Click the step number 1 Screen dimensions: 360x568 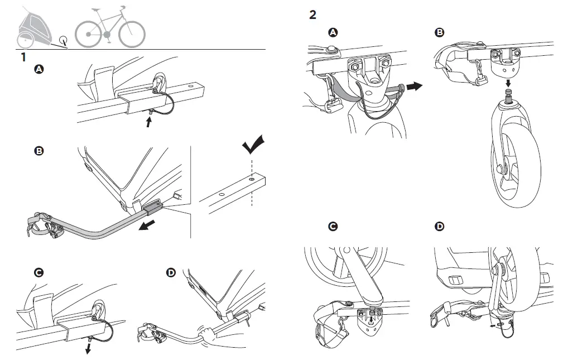click(23, 57)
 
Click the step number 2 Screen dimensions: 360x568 click(312, 15)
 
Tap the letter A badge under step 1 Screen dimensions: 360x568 click(39, 69)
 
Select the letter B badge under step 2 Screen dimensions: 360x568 click(440, 33)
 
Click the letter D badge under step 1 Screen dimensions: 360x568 click(171, 272)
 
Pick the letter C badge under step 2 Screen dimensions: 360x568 click(333, 227)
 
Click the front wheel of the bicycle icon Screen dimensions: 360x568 click(132, 34)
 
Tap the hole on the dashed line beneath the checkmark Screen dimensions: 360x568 click(252, 180)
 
